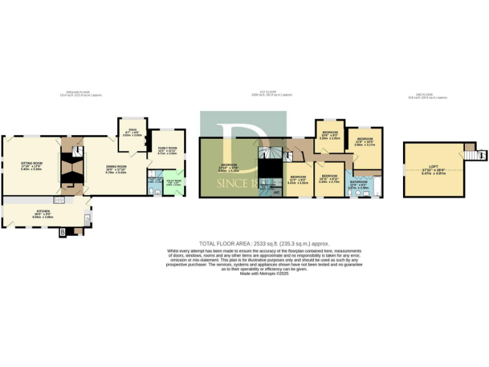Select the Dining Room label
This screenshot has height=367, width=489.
(117, 168)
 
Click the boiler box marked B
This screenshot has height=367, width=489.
(62, 233)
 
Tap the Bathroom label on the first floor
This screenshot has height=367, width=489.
(358, 183)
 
